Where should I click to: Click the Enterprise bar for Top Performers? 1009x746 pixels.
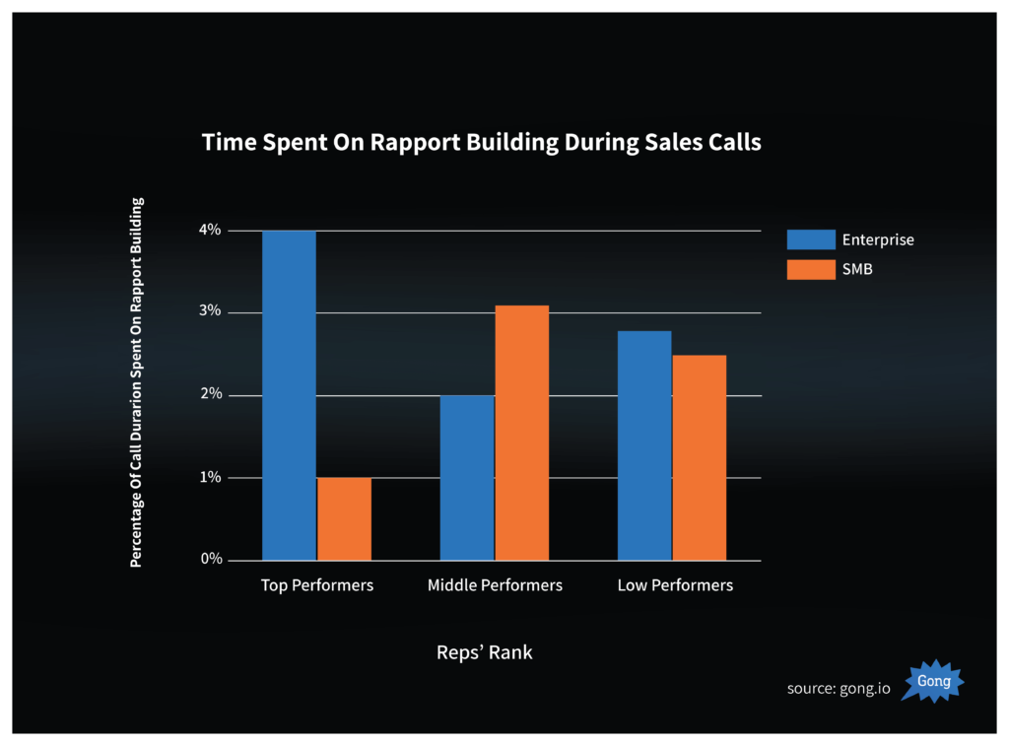pyautogui.click(x=289, y=394)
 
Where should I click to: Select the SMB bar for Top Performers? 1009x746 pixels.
pyautogui.click(x=344, y=518)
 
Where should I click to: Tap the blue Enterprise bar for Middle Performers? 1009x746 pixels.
pyautogui.click(x=467, y=477)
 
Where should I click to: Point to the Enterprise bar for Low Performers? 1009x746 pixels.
pyautogui.click(x=644, y=444)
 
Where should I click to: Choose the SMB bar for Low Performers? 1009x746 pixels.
pyautogui.click(x=699, y=457)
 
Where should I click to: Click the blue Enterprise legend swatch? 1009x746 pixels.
pyautogui.click(x=810, y=239)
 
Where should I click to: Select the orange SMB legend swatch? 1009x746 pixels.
pyautogui.click(x=810, y=269)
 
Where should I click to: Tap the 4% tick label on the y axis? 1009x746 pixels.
pyautogui.click(x=210, y=231)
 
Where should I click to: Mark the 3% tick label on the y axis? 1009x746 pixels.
pyautogui.click(x=210, y=312)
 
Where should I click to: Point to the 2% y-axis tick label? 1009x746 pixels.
pyautogui.click(x=210, y=395)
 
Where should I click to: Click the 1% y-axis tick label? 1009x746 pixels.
pyautogui.click(x=210, y=478)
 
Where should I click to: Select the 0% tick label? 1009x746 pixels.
pyautogui.click(x=210, y=560)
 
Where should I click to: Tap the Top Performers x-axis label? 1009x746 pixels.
pyautogui.click(x=317, y=585)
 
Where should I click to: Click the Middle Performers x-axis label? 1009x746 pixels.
pyautogui.click(x=495, y=585)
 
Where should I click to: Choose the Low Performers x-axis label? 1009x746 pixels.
pyautogui.click(x=675, y=585)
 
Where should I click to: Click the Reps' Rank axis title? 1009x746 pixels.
pyautogui.click(x=484, y=652)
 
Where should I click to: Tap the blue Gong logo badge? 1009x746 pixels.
pyautogui.click(x=933, y=681)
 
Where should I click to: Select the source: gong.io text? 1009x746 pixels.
pyautogui.click(x=839, y=688)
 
